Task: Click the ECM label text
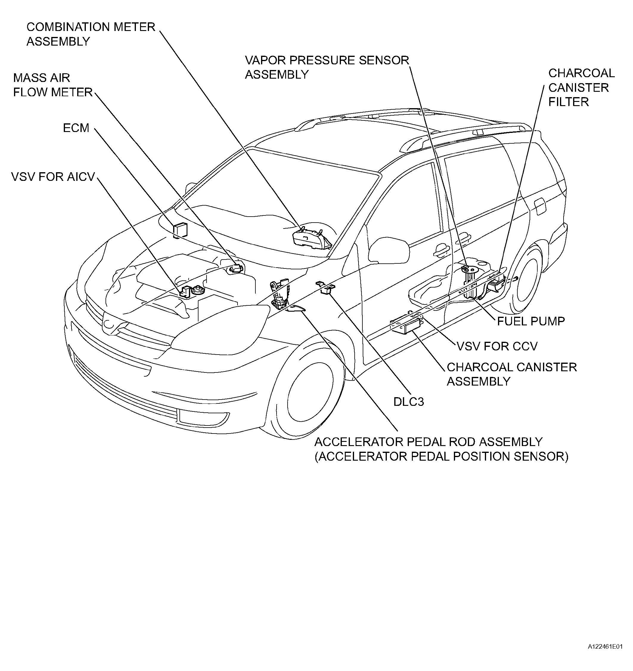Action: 76,128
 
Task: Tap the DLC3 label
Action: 409,402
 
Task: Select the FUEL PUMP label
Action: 531,321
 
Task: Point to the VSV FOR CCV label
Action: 497,346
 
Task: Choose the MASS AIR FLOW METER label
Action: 53,85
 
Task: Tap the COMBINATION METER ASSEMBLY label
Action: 91,34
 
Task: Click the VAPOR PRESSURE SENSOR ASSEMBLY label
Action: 327,67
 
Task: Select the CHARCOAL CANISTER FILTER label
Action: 581,87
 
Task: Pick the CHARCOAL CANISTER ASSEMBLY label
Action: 512,374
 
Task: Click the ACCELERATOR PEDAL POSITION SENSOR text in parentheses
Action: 442,456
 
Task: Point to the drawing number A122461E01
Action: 605,656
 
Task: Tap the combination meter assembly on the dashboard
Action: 312,239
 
